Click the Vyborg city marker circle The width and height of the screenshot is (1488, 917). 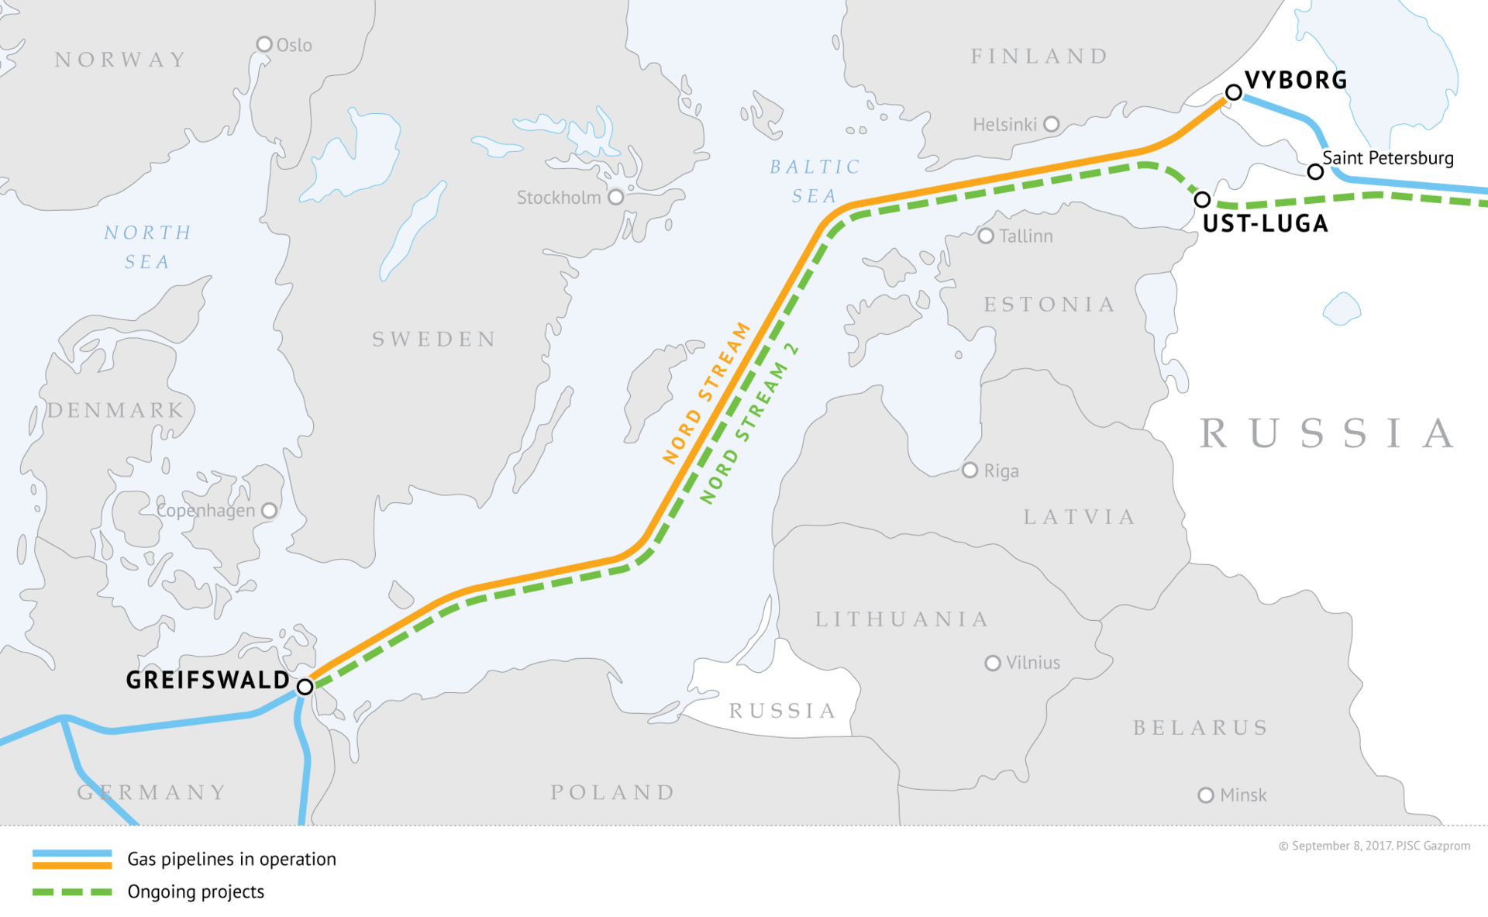pos(1233,93)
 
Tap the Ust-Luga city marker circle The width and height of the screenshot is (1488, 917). pos(1202,200)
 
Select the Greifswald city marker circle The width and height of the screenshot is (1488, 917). pos(305,687)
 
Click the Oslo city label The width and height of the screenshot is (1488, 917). pos(294,46)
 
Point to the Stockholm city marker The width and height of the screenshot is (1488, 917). pos(616,197)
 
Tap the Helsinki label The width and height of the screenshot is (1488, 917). pos(1004,125)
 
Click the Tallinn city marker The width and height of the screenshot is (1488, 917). pos(986,236)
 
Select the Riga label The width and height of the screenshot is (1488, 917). pos(1001,471)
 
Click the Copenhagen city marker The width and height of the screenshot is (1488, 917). pos(269,511)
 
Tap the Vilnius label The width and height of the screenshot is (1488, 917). pos(1032,663)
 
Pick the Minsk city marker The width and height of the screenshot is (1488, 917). pos(1206,795)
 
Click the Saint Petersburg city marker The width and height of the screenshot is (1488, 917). pos(1315,172)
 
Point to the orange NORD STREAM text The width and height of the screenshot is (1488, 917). pos(707,393)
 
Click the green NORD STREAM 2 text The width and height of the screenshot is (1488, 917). pos(749,424)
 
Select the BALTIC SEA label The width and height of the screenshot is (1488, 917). pos(815,181)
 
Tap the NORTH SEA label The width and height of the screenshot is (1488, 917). pos(147,247)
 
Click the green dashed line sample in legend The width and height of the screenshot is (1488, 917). pos(72,892)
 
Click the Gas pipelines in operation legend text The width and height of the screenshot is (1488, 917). pos(232,860)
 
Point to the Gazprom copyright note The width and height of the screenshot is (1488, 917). pos(1374,846)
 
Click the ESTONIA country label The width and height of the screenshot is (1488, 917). pos(1049,305)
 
